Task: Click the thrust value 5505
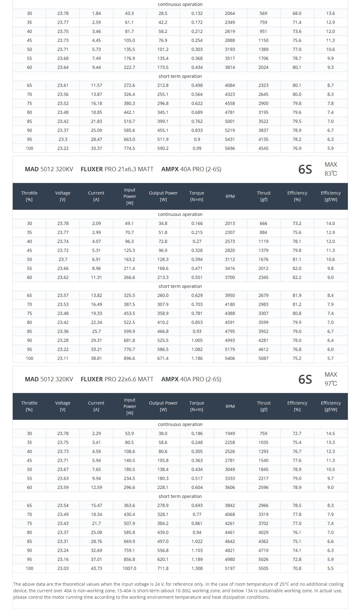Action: point(263,568)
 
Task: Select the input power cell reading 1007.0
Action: point(129,568)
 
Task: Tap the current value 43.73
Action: point(96,568)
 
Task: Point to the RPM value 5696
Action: point(230,148)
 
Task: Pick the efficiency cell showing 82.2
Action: point(297,277)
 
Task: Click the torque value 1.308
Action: point(197,568)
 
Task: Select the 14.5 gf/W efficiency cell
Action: point(331,433)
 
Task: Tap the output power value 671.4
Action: point(163,358)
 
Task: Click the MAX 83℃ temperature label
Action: point(331,169)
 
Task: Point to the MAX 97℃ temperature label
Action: point(331,379)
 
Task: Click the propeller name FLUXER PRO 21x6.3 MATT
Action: point(117,169)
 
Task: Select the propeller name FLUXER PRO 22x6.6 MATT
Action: point(117,379)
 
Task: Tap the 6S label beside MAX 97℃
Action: point(305,379)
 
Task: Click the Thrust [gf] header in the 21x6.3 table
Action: point(264,196)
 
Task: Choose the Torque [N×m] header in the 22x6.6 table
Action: point(197,406)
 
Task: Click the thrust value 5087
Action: point(263,358)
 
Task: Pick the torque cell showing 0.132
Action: point(197,13)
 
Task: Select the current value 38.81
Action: point(96,358)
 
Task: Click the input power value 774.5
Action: point(129,148)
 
